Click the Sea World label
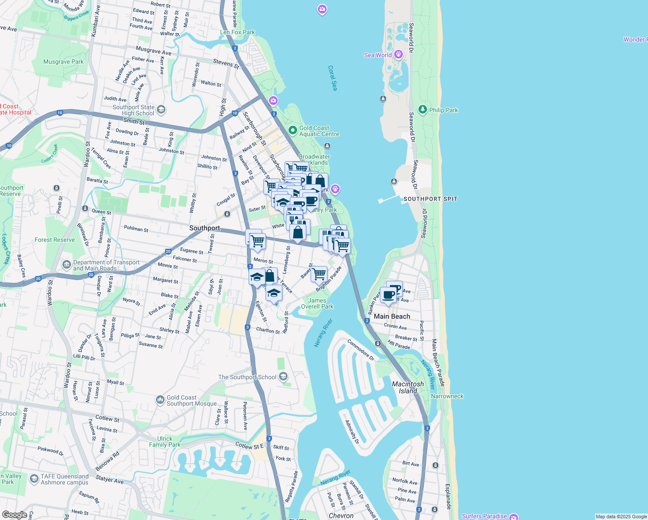pyautogui.click(x=378, y=55)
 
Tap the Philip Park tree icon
pyautogui.click(x=423, y=110)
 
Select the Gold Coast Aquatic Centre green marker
pyautogui.click(x=293, y=130)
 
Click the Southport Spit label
pyautogui.click(x=430, y=199)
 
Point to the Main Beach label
pyautogui.click(x=392, y=316)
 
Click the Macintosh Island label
pyautogui.click(x=408, y=387)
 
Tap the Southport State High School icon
pyautogui.click(x=161, y=110)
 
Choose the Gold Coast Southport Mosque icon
pyautogui.click(x=160, y=399)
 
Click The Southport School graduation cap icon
pyautogui.click(x=283, y=377)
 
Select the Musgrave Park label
pyautogui.click(x=63, y=62)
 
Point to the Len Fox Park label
pyautogui.click(x=237, y=32)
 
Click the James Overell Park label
pyautogui.click(x=317, y=303)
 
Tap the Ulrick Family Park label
pyautogui.click(x=165, y=442)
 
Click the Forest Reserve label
pyautogui.click(x=55, y=240)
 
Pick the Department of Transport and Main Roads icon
pyautogui.click(x=66, y=264)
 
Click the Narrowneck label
pyautogui.click(x=447, y=396)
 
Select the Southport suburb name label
pyautogui.click(x=204, y=228)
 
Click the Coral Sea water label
pyautogui.click(x=332, y=78)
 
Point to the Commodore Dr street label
pyautogui.click(x=360, y=350)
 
